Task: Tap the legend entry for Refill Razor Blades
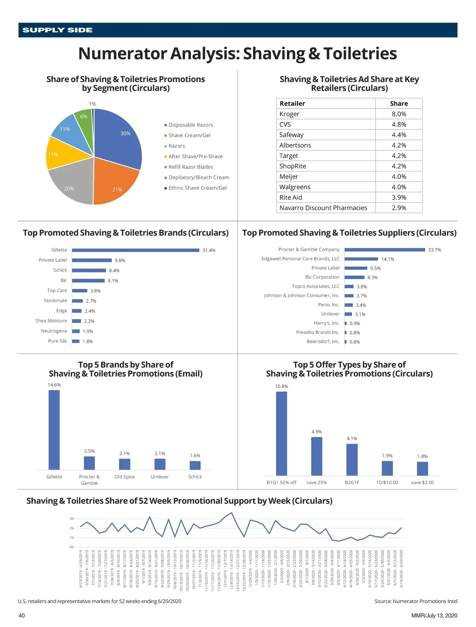(190, 167)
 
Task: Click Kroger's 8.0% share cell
(399, 114)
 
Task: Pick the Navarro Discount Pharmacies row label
(323, 208)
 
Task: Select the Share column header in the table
(399, 104)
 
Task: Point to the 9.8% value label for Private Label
(120, 261)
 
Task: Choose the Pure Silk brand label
(58, 341)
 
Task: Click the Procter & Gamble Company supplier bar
(385, 250)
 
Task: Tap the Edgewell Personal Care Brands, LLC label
(300, 259)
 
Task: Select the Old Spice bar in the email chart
(125, 464)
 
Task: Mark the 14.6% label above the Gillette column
(54, 385)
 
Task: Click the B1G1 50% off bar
(282, 433)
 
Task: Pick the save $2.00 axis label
(422, 483)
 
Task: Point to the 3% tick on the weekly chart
(72, 519)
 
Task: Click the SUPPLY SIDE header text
(58, 30)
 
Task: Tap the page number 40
(21, 615)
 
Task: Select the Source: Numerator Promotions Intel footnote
(416, 601)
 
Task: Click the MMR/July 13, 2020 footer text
(434, 615)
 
